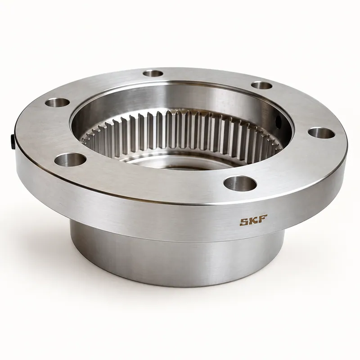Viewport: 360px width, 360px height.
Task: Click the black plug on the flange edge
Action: pos(12,142)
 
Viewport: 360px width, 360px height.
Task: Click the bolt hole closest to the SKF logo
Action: pos(240,184)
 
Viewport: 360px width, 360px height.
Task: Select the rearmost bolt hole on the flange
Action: pos(153,74)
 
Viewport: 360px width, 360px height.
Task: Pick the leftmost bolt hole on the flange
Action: pos(58,103)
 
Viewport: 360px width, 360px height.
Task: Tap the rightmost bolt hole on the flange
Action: pos(321,133)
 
